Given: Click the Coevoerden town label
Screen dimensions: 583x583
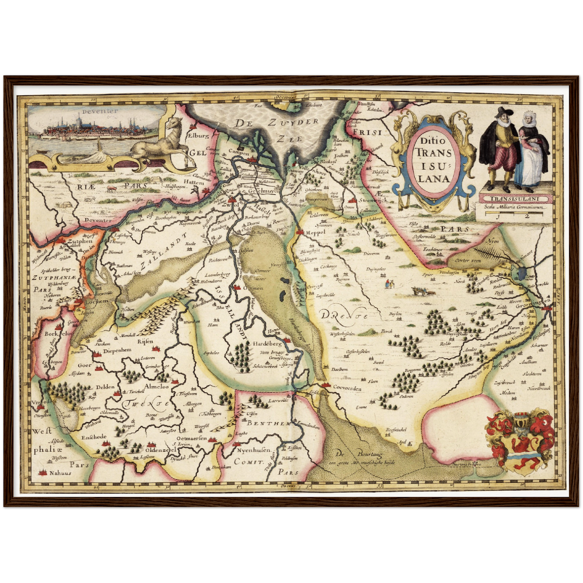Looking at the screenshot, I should click(x=347, y=389).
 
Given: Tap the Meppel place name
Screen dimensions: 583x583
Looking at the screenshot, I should click(x=315, y=232).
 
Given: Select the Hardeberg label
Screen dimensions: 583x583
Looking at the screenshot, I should click(x=267, y=344).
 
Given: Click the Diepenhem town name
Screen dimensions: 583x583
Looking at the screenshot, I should click(x=117, y=351).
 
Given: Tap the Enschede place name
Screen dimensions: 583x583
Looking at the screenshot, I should click(x=94, y=437).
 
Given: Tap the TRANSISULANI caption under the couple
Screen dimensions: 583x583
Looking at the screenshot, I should click(x=514, y=199).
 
